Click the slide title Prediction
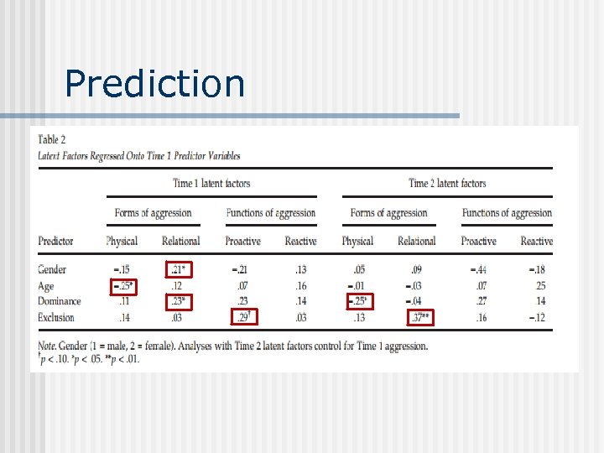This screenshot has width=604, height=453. (x=154, y=83)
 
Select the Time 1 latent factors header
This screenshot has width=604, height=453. (x=211, y=183)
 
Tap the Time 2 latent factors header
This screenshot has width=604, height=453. (x=447, y=183)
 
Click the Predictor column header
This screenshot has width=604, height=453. (x=56, y=241)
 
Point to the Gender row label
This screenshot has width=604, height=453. (x=52, y=269)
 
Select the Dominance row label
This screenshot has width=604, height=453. (x=60, y=301)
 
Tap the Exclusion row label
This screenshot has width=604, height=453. (x=57, y=317)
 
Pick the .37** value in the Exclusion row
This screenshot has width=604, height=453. (x=417, y=317)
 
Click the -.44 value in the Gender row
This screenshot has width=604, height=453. (x=478, y=269)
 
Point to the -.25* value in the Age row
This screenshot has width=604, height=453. (x=122, y=286)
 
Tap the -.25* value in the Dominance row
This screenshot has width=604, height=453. (x=358, y=301)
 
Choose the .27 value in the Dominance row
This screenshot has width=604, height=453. (x=482, y=301)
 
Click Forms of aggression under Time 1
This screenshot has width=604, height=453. (x=153, y=213)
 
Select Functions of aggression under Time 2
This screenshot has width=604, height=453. (x=507, y=213)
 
